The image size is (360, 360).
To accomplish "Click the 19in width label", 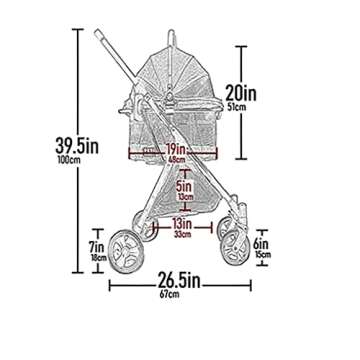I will (178, 147).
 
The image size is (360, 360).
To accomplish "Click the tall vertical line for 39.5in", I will (79, 150).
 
